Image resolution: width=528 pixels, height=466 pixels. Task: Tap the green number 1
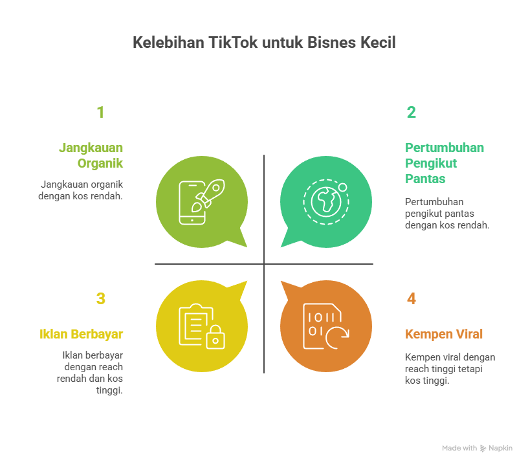click(100, 113)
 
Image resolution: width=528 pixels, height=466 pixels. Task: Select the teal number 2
click(411, 113)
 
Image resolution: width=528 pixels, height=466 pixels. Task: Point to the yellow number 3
click(100, 299)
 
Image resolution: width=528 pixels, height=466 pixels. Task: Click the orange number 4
click(412, 299)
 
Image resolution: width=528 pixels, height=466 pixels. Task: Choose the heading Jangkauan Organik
click(91, 155)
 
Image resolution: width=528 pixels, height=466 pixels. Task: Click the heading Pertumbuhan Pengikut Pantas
click(444, 163)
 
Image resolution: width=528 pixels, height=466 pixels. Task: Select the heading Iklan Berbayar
click(82, 334)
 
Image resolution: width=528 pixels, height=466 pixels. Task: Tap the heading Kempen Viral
click(444, 334)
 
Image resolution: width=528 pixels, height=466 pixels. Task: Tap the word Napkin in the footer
click(500, 448)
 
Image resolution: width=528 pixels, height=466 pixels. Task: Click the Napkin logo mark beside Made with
click(483, 448)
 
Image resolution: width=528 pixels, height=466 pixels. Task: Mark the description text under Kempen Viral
click(450, 369)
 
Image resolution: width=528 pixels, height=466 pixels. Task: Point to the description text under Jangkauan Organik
click(82, 190)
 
